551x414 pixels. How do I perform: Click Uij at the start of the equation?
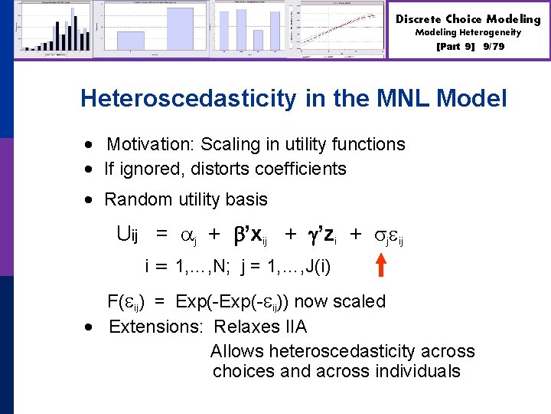[127, 234]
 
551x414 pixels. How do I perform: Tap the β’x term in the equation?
[252, 235]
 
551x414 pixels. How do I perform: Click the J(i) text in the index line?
[316, 268]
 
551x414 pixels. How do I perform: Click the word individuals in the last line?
[416, 371]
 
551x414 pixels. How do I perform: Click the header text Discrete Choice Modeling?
[468, 18]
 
